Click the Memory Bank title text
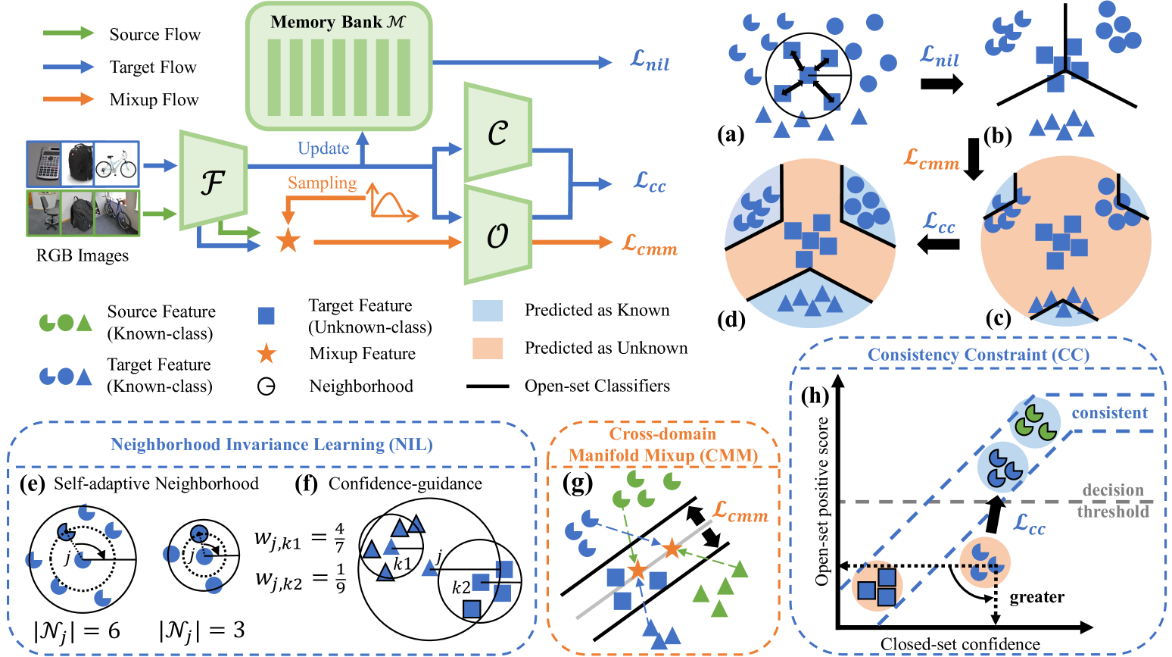(x=338, y=22)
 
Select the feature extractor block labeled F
(x=213, y=181)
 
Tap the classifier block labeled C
(x=497, y=134)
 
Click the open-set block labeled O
(x=497, y=236)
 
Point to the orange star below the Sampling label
(x=287, y=242)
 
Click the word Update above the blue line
(x=323, y=149)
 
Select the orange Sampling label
(x=322, y=183)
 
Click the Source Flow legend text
(x=154, y=35)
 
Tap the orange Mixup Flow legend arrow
(x=68, y=99)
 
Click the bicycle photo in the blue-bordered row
(x=117, y=164)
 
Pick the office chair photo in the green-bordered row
(x=45, y=212)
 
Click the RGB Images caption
(x=83, y=255)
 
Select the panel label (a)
(x=731, y=135)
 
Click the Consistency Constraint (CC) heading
(x=978, y=355)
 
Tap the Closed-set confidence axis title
(x=959, y=644)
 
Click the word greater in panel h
(x=1036, y=597)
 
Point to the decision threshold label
(x=1113, y=501)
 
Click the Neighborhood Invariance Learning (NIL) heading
(x=272, y=445)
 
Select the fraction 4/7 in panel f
(x=339, y=537)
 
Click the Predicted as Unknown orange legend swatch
(x=487, y=349)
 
